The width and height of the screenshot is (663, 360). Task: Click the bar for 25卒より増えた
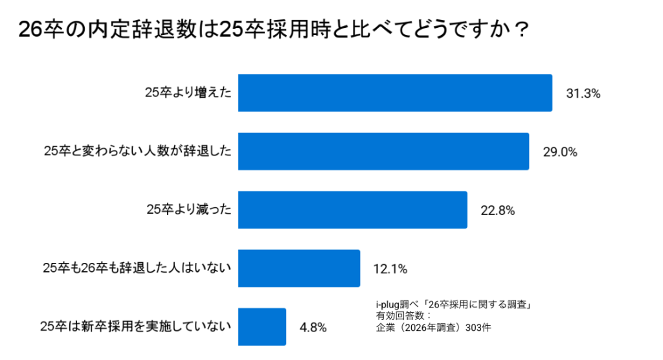click(x=395, y=93)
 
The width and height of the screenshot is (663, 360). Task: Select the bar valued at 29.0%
click(x=383, y=152)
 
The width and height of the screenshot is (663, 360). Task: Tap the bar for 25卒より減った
click(x=352, y=210)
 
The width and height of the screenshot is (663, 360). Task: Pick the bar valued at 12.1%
click(x=298, y=268)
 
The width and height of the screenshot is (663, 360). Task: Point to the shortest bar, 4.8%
click(x=262, y=326)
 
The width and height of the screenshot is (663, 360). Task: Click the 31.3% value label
click(x=583, y=94)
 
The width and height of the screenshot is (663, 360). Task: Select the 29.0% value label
click(x=560, y=152)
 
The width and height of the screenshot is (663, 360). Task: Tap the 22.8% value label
click(x=498, y=210)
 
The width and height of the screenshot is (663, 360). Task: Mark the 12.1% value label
click(x=390, y=269)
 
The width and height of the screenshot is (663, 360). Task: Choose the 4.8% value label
click(x=313, y=327)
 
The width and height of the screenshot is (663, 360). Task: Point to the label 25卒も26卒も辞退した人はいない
click(x=137, y=268)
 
